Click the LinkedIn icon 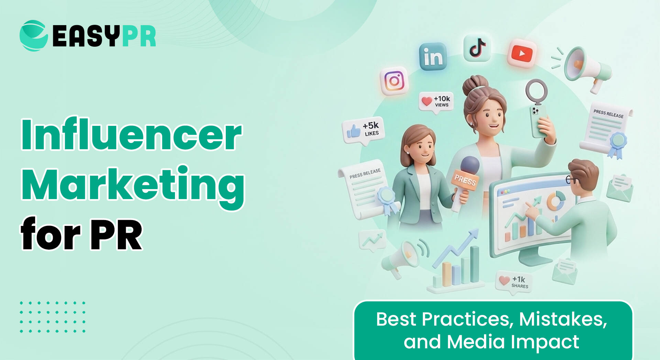[433, 57]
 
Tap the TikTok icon [477, 48]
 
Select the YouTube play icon [522, 54]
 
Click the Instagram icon [394, 81]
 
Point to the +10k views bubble [436, 101]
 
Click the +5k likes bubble [364, 130]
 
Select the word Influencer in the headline [132, 135]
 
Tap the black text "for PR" [81, 235]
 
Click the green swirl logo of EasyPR [34, 36]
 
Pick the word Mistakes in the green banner [563, 319]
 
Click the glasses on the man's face [571, 179]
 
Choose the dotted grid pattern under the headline [53, 317]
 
